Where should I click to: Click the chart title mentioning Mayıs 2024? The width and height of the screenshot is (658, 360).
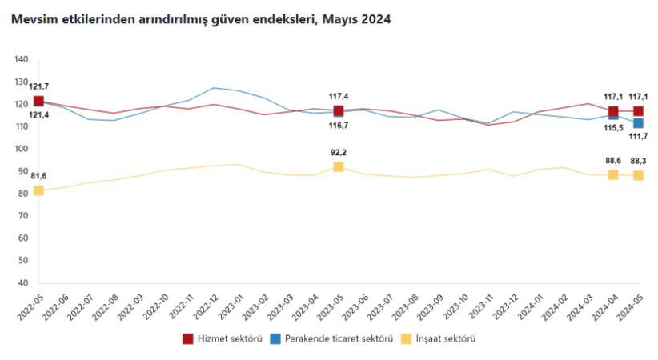(201, 19)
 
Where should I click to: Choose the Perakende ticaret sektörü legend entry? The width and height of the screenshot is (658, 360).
(335, 338)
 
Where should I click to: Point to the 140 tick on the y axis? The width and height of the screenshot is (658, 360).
(22, 59)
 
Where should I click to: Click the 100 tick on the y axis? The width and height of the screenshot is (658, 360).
(22, 149)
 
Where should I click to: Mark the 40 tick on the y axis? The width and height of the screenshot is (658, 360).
(22, 283)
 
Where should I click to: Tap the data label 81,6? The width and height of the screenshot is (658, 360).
(38, 176)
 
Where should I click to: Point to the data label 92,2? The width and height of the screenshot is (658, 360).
(339, 152)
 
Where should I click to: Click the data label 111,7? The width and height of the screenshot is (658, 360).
(638, 137)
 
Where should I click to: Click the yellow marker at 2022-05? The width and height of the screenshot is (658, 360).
(38, 190)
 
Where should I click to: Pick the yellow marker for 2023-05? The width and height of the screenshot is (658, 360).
(339, 166)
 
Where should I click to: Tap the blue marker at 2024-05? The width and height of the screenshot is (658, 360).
(638, 123)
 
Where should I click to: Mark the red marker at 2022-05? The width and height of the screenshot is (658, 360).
(38, 101)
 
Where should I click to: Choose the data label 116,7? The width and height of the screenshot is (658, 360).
(339, 126)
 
